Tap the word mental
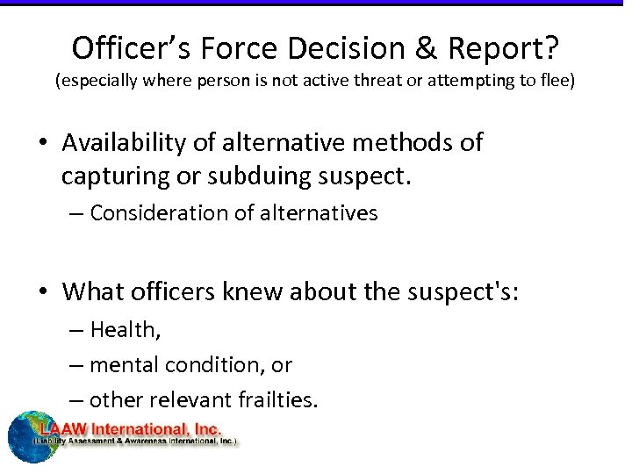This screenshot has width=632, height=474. tap(120, 364)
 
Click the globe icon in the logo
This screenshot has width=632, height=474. tap(30, 436)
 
